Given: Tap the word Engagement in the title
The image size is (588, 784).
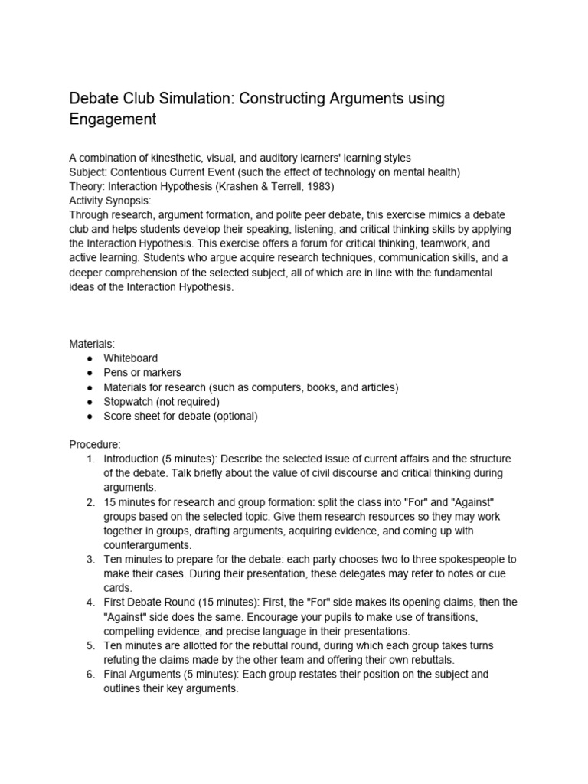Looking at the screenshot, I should (x=113, y=119).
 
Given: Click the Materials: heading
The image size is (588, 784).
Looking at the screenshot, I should (x=92, y=344).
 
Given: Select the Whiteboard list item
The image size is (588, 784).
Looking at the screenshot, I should (x=131, y=358).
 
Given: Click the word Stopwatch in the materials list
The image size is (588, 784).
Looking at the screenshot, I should (x=131, y=402).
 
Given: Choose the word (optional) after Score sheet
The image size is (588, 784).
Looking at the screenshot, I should (x=234, y=416).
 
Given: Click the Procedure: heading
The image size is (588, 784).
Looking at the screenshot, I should (x=95, y=444).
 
